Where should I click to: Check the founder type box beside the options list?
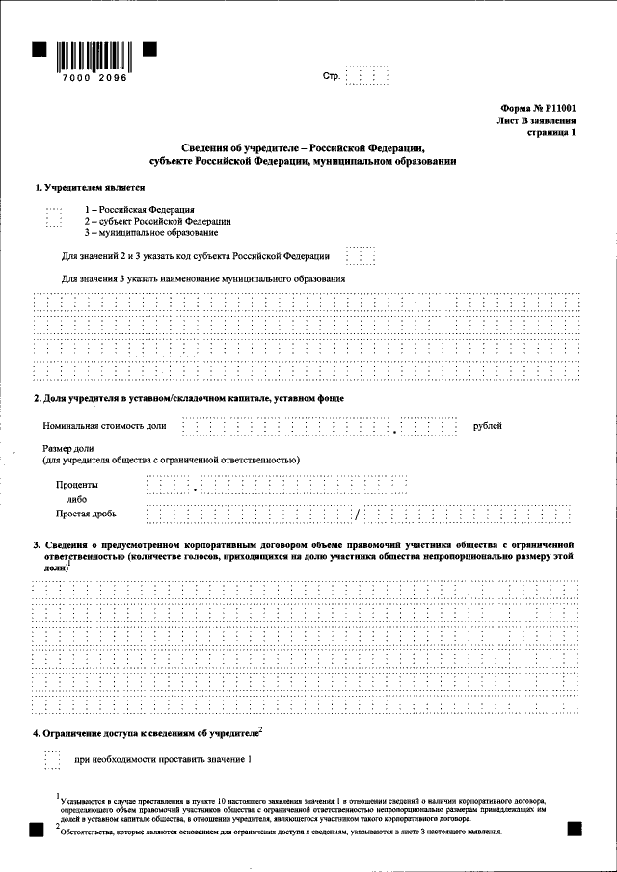tap(54, 220)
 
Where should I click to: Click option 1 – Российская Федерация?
tap(139, 209)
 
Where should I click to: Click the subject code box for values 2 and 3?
tap(361, 256)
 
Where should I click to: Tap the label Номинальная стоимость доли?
tap(104, 425)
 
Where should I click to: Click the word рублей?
tap(487, 425)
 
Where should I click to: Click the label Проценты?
tap(76, 485)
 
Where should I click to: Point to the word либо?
tap(77, 500)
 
